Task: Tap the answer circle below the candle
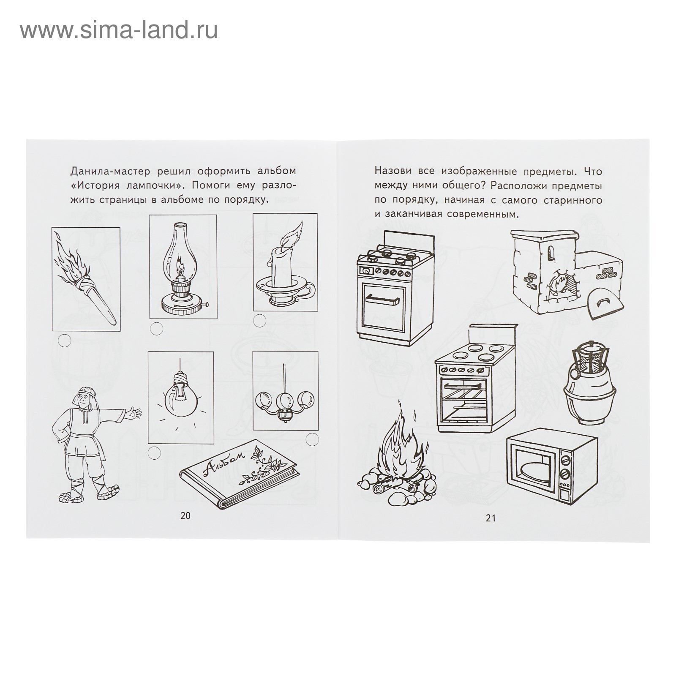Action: (259, 320)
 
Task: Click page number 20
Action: (185, 515)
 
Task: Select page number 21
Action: (490, 518)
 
